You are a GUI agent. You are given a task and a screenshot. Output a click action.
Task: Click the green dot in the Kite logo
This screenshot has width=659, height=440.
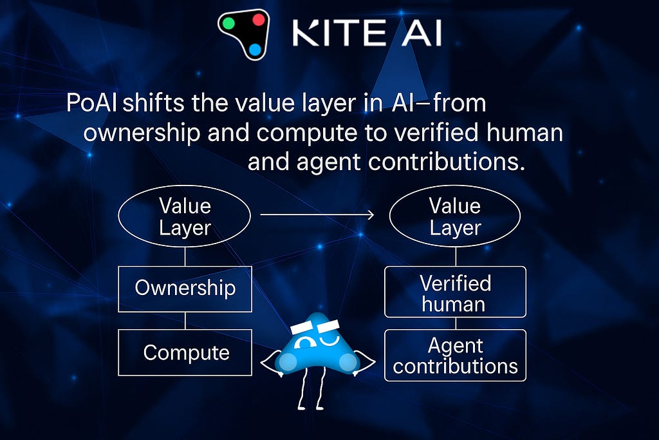click(228, 23)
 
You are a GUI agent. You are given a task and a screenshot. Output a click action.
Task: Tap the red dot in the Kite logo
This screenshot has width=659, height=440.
click(258, 19)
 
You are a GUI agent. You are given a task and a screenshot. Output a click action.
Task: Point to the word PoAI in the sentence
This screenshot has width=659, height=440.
click(91, 102)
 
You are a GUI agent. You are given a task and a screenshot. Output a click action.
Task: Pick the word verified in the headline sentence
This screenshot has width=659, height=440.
click(436, 132)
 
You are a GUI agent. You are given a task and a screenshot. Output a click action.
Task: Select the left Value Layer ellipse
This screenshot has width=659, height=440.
click(185, 216)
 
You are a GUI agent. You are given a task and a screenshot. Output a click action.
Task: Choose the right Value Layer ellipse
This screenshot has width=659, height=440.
click(455, 216)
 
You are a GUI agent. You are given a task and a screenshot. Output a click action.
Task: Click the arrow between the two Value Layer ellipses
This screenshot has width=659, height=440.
click(317, 215)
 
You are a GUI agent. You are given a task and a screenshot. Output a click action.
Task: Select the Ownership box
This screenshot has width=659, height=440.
click(185, 289)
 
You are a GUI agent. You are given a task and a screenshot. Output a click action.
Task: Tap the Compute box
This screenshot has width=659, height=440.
click(185, 352)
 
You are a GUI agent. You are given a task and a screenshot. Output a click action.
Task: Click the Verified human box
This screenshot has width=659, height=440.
click(455, 292)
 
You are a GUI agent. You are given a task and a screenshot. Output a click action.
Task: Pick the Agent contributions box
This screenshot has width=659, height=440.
click(455, 356)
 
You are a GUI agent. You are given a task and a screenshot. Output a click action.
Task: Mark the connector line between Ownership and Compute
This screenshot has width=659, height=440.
click(185, 321)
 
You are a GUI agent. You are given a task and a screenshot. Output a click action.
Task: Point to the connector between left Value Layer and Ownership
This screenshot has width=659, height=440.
click(185, 256)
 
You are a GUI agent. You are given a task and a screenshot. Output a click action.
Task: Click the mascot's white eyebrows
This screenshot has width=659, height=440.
click(315, 327)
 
